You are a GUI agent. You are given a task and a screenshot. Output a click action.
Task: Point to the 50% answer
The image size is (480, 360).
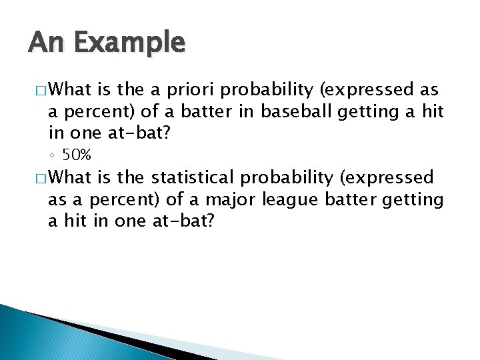pos(77,155)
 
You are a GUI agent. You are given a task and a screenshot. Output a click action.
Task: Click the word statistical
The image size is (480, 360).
pos(193,179)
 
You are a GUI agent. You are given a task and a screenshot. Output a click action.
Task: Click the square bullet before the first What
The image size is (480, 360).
pos(36,90)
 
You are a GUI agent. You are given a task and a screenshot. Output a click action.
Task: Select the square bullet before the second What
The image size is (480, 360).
pos(36,179)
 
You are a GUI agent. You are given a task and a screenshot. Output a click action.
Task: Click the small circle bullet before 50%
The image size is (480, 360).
pos(53,155)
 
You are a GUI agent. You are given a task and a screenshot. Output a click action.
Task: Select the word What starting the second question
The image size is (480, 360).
pos(70,179)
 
